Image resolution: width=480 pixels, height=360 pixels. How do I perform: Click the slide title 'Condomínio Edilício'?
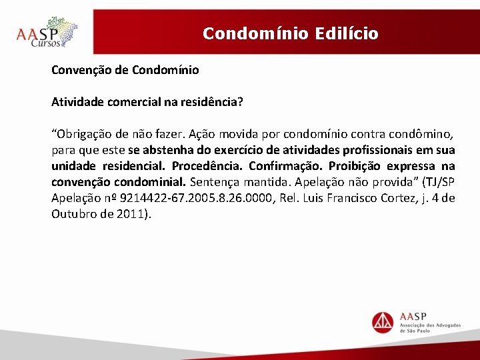290,33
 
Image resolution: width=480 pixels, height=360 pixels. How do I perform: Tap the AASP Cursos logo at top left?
47,33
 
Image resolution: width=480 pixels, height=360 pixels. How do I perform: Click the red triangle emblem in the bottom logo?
383,321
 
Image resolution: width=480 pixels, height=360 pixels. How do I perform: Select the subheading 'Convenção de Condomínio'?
125,69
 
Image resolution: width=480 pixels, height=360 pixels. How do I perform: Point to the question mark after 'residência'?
241,102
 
